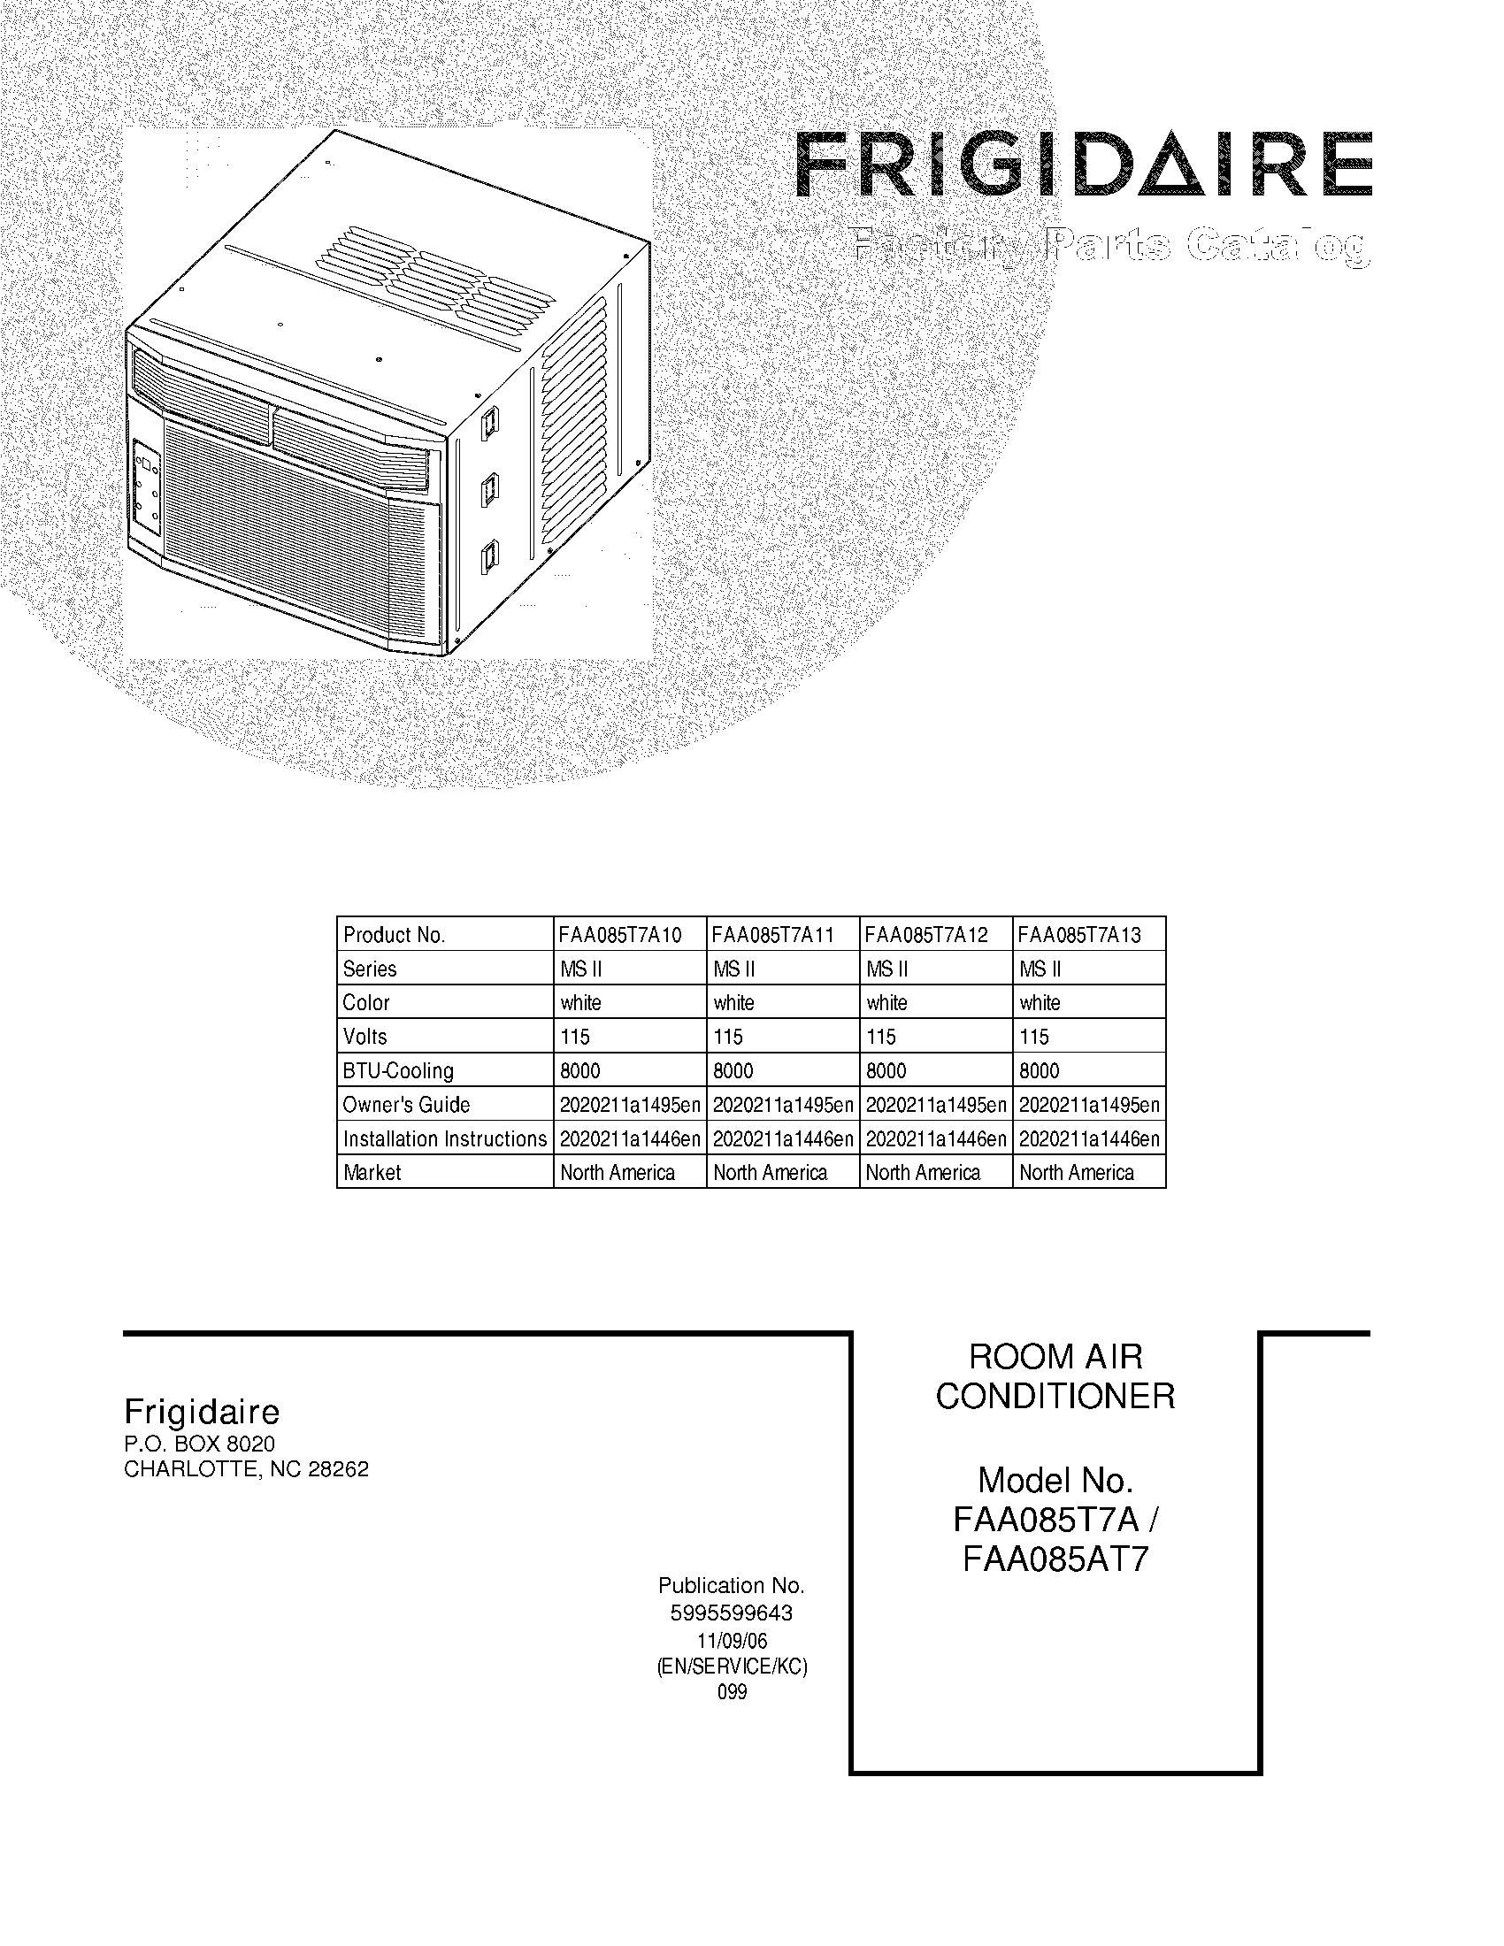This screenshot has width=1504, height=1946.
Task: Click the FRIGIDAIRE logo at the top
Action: tap(1083, 165)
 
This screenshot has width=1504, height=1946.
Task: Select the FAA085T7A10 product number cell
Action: tap(620, 935)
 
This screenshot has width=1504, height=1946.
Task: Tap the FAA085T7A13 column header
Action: tap(1079, 935)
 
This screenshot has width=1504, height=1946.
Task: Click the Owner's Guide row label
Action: tap(406, 1105)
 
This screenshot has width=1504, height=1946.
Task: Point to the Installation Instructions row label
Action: tap(445, 1138)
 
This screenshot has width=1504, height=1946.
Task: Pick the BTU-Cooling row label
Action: tap(398, 1071)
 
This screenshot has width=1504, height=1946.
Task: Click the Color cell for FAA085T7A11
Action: tap(734, 1003)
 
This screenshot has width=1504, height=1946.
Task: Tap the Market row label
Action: tap(372, 1173)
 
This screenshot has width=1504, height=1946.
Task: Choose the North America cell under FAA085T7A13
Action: tap(1077, 1173)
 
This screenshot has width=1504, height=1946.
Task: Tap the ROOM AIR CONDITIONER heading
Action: tap(1055, 1376)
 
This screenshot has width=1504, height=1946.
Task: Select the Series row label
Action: tap(370, 969)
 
